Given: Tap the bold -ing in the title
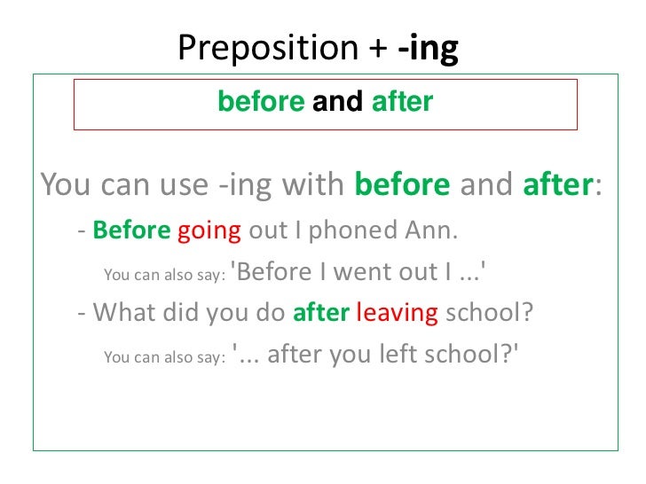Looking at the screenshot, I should click(x=429, y=50).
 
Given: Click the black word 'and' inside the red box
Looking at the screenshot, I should click(x=338, y=103).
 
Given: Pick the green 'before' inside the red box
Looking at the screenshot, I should click(x=261, y=103).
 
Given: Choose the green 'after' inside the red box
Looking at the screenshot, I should click(x=402, y=103).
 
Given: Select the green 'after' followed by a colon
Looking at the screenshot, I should click(x=557, y=185).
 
